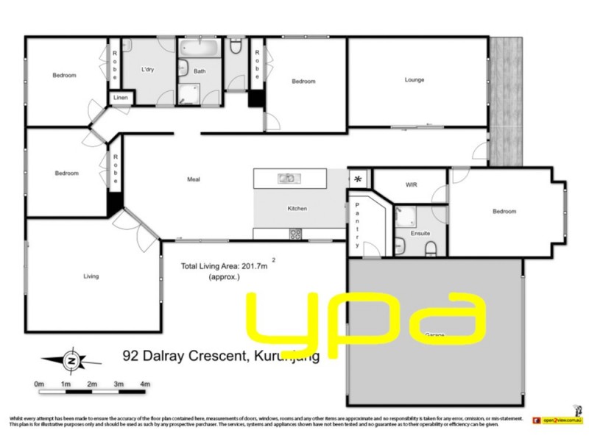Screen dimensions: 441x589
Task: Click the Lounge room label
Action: (x=415, y=80)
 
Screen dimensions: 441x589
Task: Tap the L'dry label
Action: (x=148, y=71)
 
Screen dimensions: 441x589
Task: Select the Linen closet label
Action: (x=120, y=97)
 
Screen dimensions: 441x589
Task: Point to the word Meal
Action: (x=194, y=179)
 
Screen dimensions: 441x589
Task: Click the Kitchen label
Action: (x=297, y=209)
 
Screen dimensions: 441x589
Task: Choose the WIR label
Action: (x=411, y=184)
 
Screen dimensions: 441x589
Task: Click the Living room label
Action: (x=91, y=276)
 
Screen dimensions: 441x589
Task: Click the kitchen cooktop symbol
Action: (x=296, y=234)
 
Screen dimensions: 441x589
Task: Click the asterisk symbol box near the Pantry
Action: (x=359, y=179)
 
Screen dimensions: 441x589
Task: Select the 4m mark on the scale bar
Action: (x=145, y=384)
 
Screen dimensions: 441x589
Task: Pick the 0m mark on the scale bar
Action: (x=39, y=384)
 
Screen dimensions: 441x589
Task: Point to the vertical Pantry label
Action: (x=358, y=224)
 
